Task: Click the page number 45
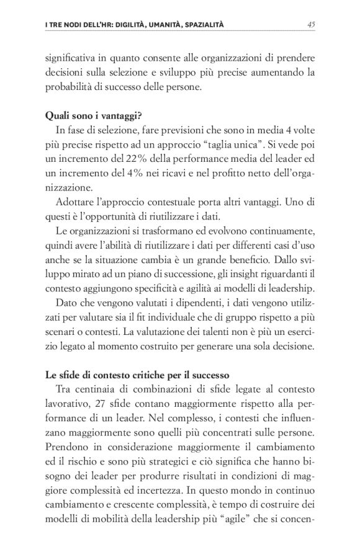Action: (x=311, y=25)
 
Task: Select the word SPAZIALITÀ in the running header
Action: (x=200, y=25)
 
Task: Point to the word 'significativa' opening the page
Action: (x=72, y=58)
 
